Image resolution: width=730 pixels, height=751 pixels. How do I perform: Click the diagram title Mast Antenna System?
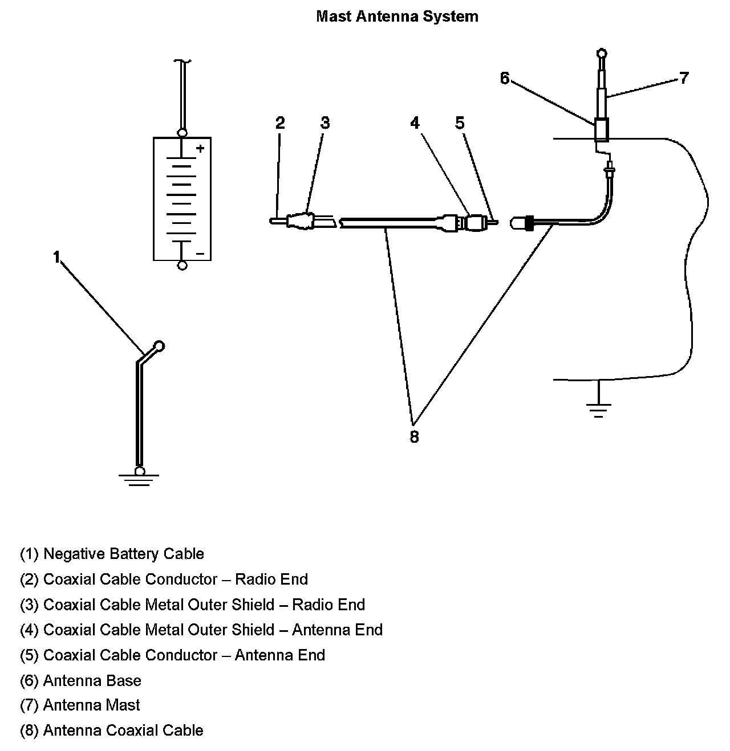pos(397,17)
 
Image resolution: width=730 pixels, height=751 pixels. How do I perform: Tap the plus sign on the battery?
pos(200,149)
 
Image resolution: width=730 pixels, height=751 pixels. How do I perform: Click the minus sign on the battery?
pos(200,253)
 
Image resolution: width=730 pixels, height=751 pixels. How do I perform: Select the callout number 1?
pos(56,258)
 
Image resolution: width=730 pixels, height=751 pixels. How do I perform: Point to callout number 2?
pos(279,123)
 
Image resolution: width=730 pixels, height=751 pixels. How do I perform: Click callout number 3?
pos(325,123)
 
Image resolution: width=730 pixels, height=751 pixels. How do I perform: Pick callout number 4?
pos(415,123)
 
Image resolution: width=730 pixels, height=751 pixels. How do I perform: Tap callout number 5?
pos(460,123)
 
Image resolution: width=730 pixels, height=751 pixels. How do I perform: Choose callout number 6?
pos(504,78)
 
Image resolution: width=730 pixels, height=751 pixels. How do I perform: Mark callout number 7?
pos(684,78)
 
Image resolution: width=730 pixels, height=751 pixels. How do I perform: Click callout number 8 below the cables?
pos(414,437)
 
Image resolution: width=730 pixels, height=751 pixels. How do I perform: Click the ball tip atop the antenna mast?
pos(602,54)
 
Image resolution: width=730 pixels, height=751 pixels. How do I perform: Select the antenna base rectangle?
pos(602,130)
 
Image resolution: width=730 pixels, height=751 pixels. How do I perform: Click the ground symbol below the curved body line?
pos(598,409)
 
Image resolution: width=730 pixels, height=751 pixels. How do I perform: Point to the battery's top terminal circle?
pos(182,133)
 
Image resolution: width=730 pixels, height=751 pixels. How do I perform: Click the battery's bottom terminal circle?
pos(182,265)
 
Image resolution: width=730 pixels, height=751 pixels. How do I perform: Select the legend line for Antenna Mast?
pos(80,705)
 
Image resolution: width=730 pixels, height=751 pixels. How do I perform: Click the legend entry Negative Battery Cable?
pos(112,554)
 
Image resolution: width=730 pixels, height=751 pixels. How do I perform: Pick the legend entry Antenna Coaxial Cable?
pos(112,730)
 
